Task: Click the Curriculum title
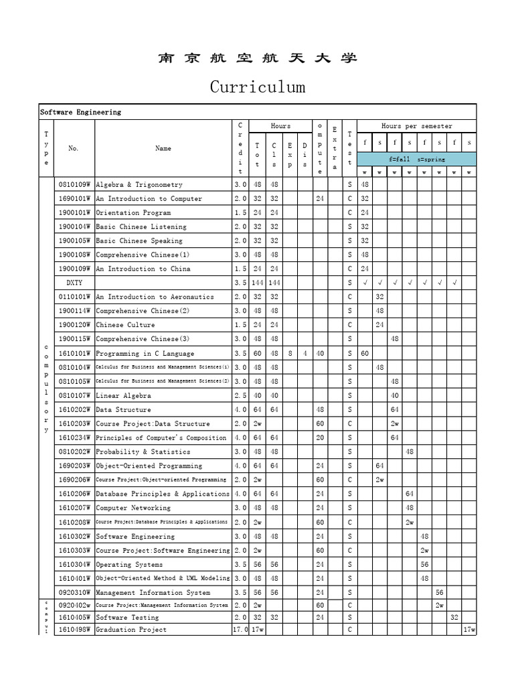click(258, 87)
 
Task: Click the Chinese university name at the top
click(258, 58)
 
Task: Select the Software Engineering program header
click(80, 112)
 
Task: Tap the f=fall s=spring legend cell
click(416, 159)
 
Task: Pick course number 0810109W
click(74, 184)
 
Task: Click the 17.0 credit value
click(240, 630)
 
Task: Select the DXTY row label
click(74, 283)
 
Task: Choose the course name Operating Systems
click(129, 564)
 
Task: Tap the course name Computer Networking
click(133, 508)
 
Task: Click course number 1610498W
click(74, 630)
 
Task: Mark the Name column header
click(163, 148)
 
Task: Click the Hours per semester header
click(416, 126)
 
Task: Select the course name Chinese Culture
click(125, 325)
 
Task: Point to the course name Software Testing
click(127, 617)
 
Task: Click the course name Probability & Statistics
click(143, 452)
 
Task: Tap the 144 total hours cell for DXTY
click(258, 283)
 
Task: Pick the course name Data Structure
click(123, 409)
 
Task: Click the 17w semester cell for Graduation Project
click(468, 630)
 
